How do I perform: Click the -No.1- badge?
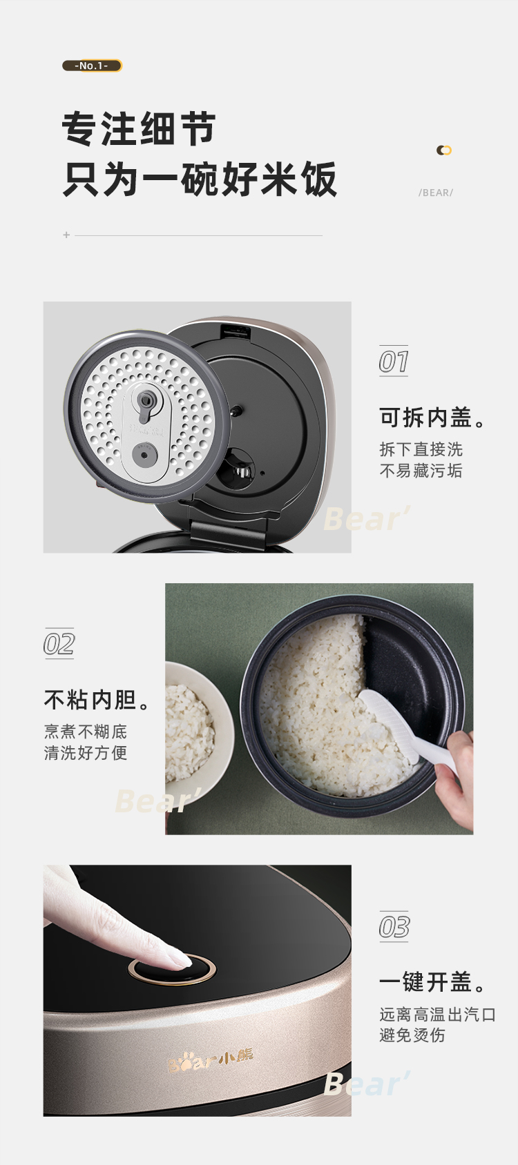(x=92, y=66)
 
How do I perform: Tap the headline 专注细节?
(x=139, y=128)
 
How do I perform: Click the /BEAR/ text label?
(x=436, y=193)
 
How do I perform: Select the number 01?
(x=394, y=361)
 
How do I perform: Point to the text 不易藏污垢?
(x=421, y=471)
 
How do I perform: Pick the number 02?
(x=59, y=644)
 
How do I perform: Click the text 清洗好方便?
(x=86, y=752)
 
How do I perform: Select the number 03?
(x=394, y=927)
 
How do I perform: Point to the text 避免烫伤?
(x=412, y=1035)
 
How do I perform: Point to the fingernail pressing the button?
(x=178, y=958)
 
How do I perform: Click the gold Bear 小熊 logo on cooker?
(x=211, y=1059)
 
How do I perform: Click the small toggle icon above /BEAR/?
(x=444, y=150)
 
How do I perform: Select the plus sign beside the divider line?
(x=66, y=235)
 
